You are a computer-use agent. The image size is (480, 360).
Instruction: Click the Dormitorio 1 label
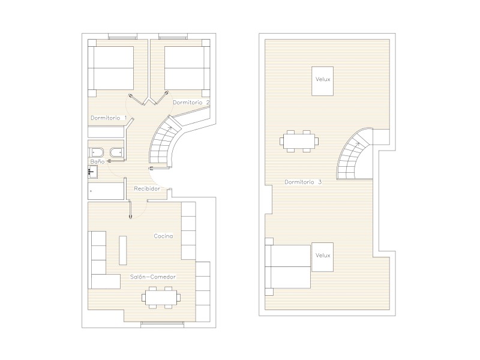pos(109,118)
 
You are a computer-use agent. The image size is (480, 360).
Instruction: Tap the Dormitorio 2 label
pos(191,102)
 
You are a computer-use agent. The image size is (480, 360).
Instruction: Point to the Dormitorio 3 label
pos(303,182)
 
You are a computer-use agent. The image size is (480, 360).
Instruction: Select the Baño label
pos(97,161)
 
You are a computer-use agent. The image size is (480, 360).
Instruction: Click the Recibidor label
pos(147,188)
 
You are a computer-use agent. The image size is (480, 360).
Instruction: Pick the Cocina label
pos(163,236)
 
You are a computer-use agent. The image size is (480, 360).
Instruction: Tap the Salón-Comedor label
pos(153,277)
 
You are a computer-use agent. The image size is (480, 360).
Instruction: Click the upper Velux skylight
pos(322,81)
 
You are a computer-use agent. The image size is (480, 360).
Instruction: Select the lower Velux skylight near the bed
pos(322,257)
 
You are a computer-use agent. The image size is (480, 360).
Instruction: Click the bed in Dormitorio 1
pos(111,68)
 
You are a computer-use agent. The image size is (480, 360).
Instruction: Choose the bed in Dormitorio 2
pos(187,68)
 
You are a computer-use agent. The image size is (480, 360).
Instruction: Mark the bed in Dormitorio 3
pos(288,266)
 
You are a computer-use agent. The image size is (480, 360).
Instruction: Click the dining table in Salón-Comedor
pos(161,297)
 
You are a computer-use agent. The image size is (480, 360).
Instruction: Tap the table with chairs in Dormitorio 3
pos(299,141)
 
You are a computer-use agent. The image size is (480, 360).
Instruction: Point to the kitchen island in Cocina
pos(123,250)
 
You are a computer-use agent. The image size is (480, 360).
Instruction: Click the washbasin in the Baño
pos(92,172)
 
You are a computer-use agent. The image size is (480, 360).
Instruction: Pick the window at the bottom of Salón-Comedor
pos(162,325)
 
